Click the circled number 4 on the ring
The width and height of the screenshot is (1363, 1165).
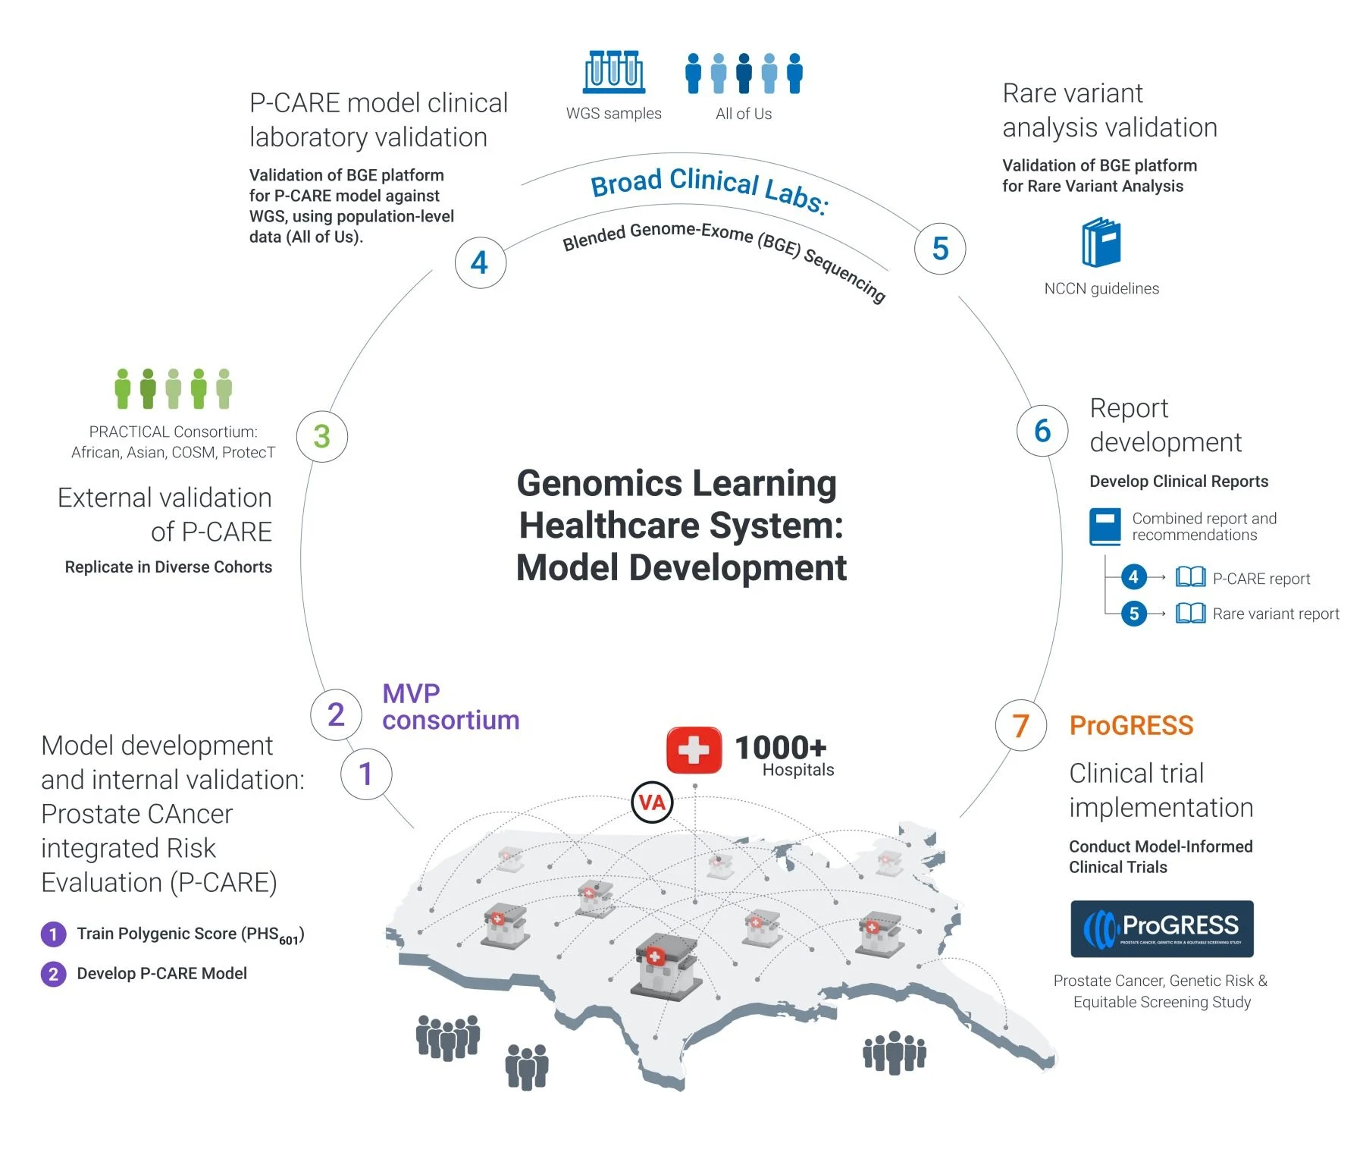[480, 262]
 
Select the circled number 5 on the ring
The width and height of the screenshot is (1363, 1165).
[940, 248]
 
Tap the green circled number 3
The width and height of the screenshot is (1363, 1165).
[322, 436]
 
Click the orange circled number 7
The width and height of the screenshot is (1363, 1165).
[1020, 726]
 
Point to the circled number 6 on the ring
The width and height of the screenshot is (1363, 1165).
[1042, 431]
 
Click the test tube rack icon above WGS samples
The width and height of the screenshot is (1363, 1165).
[614, 72]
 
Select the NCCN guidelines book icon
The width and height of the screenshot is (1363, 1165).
[1101, 243]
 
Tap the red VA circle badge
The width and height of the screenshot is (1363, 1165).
[652, 802]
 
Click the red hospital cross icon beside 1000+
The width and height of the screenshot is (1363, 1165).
[694, 751]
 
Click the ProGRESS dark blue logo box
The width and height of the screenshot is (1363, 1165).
[1161, 928]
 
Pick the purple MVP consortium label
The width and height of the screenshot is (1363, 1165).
[450, 706]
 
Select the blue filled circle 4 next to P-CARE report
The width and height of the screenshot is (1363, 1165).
[1133, 577]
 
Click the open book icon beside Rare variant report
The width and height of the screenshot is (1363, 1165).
[1190, 613]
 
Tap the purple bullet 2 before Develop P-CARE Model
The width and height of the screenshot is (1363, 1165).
[53, 974]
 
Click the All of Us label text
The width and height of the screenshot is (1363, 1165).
[744, 114]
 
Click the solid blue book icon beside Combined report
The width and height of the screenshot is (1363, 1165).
[1104, 526]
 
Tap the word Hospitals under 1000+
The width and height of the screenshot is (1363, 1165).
[797, 770]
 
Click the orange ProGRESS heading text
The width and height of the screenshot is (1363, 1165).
[1131, 726]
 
